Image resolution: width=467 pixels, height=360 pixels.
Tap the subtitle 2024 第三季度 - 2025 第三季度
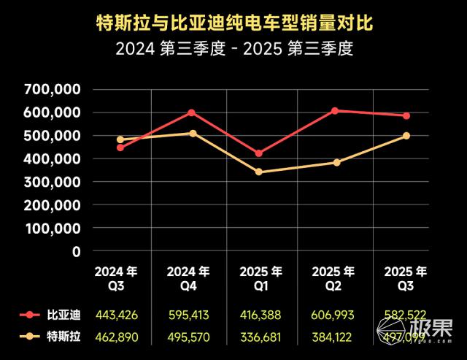[233, 51]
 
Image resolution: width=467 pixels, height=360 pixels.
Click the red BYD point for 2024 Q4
[192, 112]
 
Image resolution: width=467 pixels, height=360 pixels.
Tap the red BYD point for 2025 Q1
[258, 153]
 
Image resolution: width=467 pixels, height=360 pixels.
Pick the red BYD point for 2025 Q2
[334, 111]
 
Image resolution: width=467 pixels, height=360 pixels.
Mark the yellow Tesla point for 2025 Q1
[258, 172]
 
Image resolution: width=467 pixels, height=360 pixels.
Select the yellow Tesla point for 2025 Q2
[336, 162]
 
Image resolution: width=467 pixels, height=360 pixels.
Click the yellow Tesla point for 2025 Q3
[406, 136]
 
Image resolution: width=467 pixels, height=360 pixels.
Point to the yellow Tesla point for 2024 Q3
[120, 139]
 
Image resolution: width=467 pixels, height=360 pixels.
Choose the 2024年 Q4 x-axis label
[188, 278]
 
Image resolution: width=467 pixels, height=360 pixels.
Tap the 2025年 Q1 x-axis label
[260, 278]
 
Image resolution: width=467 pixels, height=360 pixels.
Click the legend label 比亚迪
[65, 315]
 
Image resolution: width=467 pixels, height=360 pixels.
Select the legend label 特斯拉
[65, 337]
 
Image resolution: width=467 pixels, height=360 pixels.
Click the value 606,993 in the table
[333, 315]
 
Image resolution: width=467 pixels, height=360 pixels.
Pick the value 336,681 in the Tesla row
[260, 337]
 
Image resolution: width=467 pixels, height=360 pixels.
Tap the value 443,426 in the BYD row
[115, 315]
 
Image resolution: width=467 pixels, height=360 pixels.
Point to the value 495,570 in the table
[188, 337]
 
